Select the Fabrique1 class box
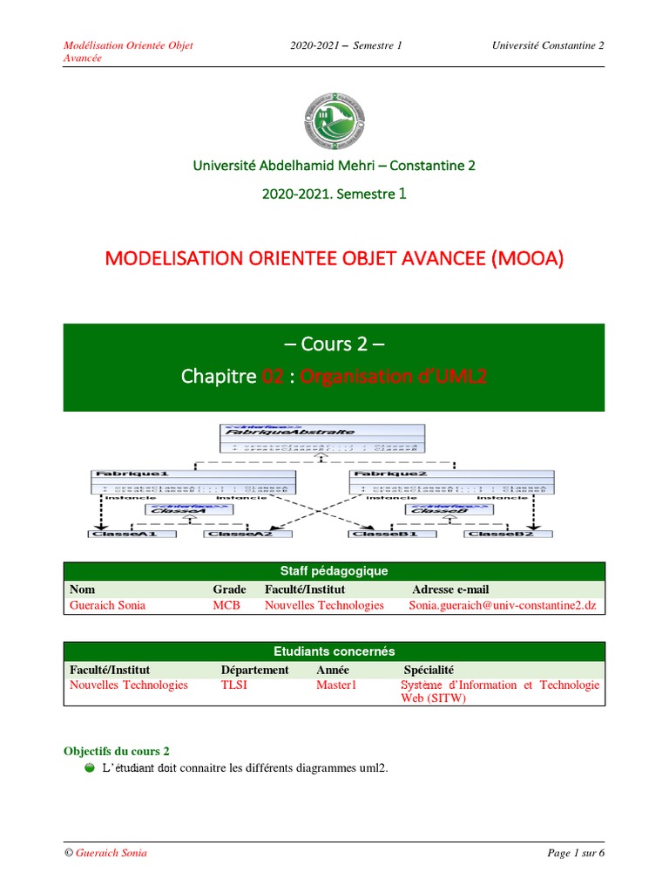click(193, 481)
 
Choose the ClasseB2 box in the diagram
click(499, 533)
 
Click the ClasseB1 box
click(383, 533)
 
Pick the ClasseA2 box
click(238, 533)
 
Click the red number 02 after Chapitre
click(273, 376)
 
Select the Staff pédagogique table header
click(334, 571)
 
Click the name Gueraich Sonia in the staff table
click(108, 605)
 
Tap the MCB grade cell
click(226, 605)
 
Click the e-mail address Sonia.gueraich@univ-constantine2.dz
click(503, 605)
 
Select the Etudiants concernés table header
click(334, 651)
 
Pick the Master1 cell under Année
click(337, 685)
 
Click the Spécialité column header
click(429, 670)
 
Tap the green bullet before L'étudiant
click(90, 767)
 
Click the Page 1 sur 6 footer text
click(575, 853)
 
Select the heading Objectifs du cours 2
click(117, 751)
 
